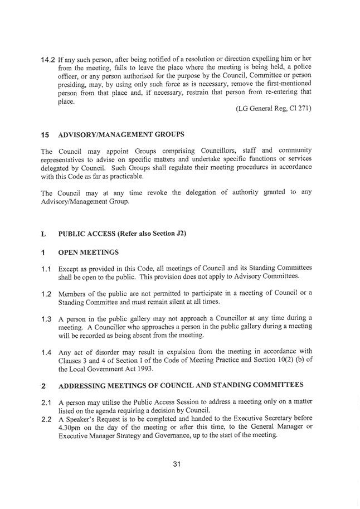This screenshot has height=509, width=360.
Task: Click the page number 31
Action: coord(178,463)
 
